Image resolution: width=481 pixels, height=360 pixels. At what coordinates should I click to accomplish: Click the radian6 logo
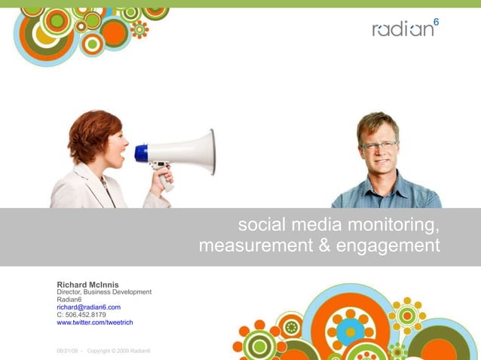pyautogui.click(x=403, y=29)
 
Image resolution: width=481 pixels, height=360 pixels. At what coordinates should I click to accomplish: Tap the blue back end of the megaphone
pyautogui.click(x=141, y=153)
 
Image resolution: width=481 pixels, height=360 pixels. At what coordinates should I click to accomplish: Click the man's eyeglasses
pyautogui.click(x=379, y=145)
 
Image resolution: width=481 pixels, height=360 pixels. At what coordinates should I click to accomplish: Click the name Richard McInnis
pyautogui.click(x=87, y=285)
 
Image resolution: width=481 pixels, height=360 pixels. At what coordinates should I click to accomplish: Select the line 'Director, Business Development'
pyautogui.click(x=104, y=292)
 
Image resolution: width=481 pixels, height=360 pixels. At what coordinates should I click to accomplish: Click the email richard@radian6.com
pyautogui.click(x=88, y=307)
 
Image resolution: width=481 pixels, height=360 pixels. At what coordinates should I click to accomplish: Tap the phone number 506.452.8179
pyautogui.click(x=85, y=315)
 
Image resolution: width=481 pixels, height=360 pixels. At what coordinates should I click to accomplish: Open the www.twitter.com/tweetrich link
pyautogui.click(x=94, y=322)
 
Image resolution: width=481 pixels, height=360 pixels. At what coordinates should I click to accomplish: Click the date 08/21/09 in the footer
pyautogui.click(x=68, y=351)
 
